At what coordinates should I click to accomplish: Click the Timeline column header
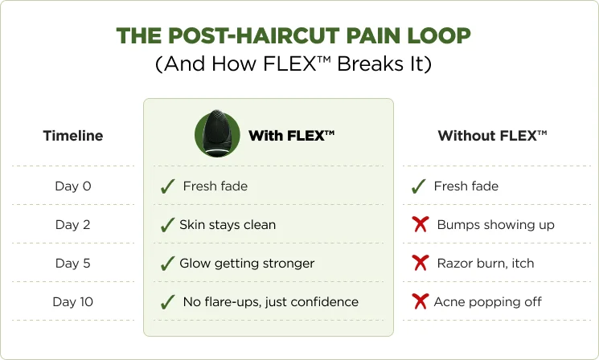(73, 136)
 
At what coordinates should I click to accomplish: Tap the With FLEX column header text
(292, 136)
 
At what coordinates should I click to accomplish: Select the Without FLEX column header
(492, 136)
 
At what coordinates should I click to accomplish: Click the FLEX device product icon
(217, 133)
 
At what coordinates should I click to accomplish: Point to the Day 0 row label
(73, 186)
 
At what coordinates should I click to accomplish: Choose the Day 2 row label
(73, 224)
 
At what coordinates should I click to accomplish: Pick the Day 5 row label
(73, 263)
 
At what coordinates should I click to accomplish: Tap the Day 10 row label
(73, 301)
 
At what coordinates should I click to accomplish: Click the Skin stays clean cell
(228, 224)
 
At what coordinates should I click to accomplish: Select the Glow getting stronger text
(247, 264)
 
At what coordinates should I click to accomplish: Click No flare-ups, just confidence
(271, 302)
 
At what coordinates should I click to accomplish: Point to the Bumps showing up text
(496, 225)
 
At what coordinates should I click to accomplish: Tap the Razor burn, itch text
(486, 263)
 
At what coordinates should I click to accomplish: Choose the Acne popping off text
(488, 302)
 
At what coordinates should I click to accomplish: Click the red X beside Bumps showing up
(421, 224)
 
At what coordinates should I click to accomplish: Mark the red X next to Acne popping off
(421, 301)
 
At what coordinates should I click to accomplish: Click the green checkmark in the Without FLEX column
(418, 186)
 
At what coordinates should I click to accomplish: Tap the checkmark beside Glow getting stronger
(168, 264)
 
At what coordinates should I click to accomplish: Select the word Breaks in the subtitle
(370, 63)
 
